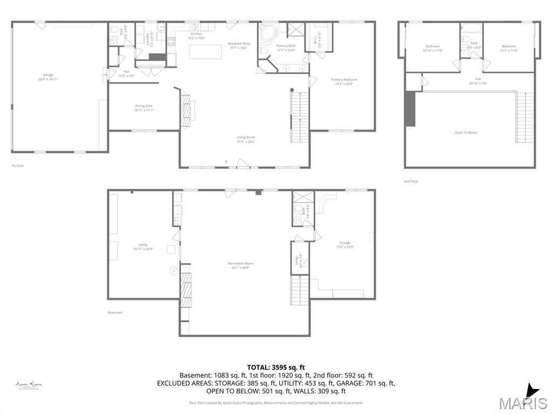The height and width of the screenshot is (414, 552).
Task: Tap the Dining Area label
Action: [x=144, y=108]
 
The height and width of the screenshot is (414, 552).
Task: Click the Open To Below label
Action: [x=466, y=133]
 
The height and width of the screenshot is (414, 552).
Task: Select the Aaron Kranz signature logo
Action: [x=29, y=385]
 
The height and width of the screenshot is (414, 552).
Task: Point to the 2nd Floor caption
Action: [x=411, y=182]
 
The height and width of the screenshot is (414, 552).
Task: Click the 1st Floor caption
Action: [x=18, y=166]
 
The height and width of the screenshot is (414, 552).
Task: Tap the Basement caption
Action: [x=115, y=313]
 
